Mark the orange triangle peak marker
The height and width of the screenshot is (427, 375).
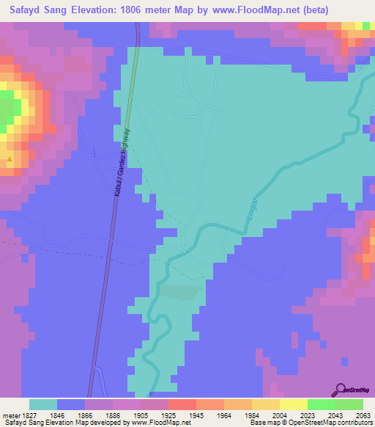(x=10, y=158)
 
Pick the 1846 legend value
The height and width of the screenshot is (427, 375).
(x=57, y=415)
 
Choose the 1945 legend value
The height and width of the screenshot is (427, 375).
(x=196, y=415)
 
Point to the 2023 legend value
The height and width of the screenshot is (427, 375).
(x=308, y=415)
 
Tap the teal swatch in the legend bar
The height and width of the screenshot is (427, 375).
(x=42, y=404)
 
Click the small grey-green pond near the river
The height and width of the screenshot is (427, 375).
(x=179, y=291)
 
